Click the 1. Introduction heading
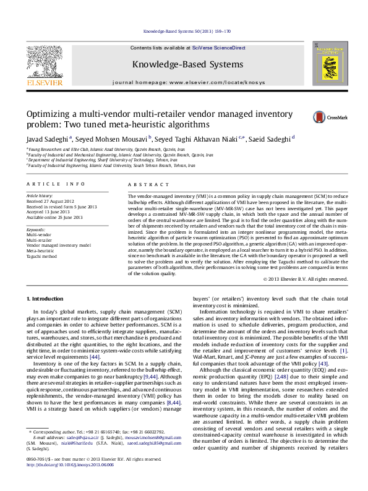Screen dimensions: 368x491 (x=48, y=299)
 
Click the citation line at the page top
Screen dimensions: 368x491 (x=184, y=29)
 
